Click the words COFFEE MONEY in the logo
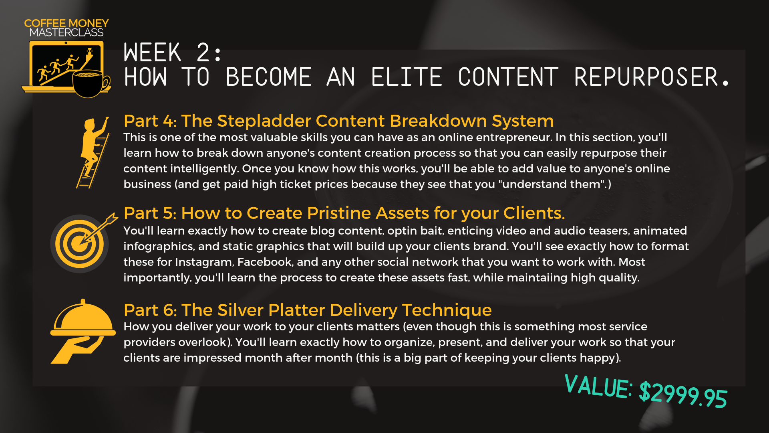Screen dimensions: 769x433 point(66,23)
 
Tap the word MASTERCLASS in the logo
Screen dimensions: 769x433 point(66,32)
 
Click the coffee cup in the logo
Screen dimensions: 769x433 point(90,84)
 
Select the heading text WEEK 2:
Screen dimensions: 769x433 point(172,53)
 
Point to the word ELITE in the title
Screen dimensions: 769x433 point(407,77)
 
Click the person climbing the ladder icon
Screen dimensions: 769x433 point(93,152)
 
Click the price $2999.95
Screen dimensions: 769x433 point(683,395)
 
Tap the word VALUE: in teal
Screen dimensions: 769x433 point(598,386)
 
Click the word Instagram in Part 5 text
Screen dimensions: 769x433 point(204,263)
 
